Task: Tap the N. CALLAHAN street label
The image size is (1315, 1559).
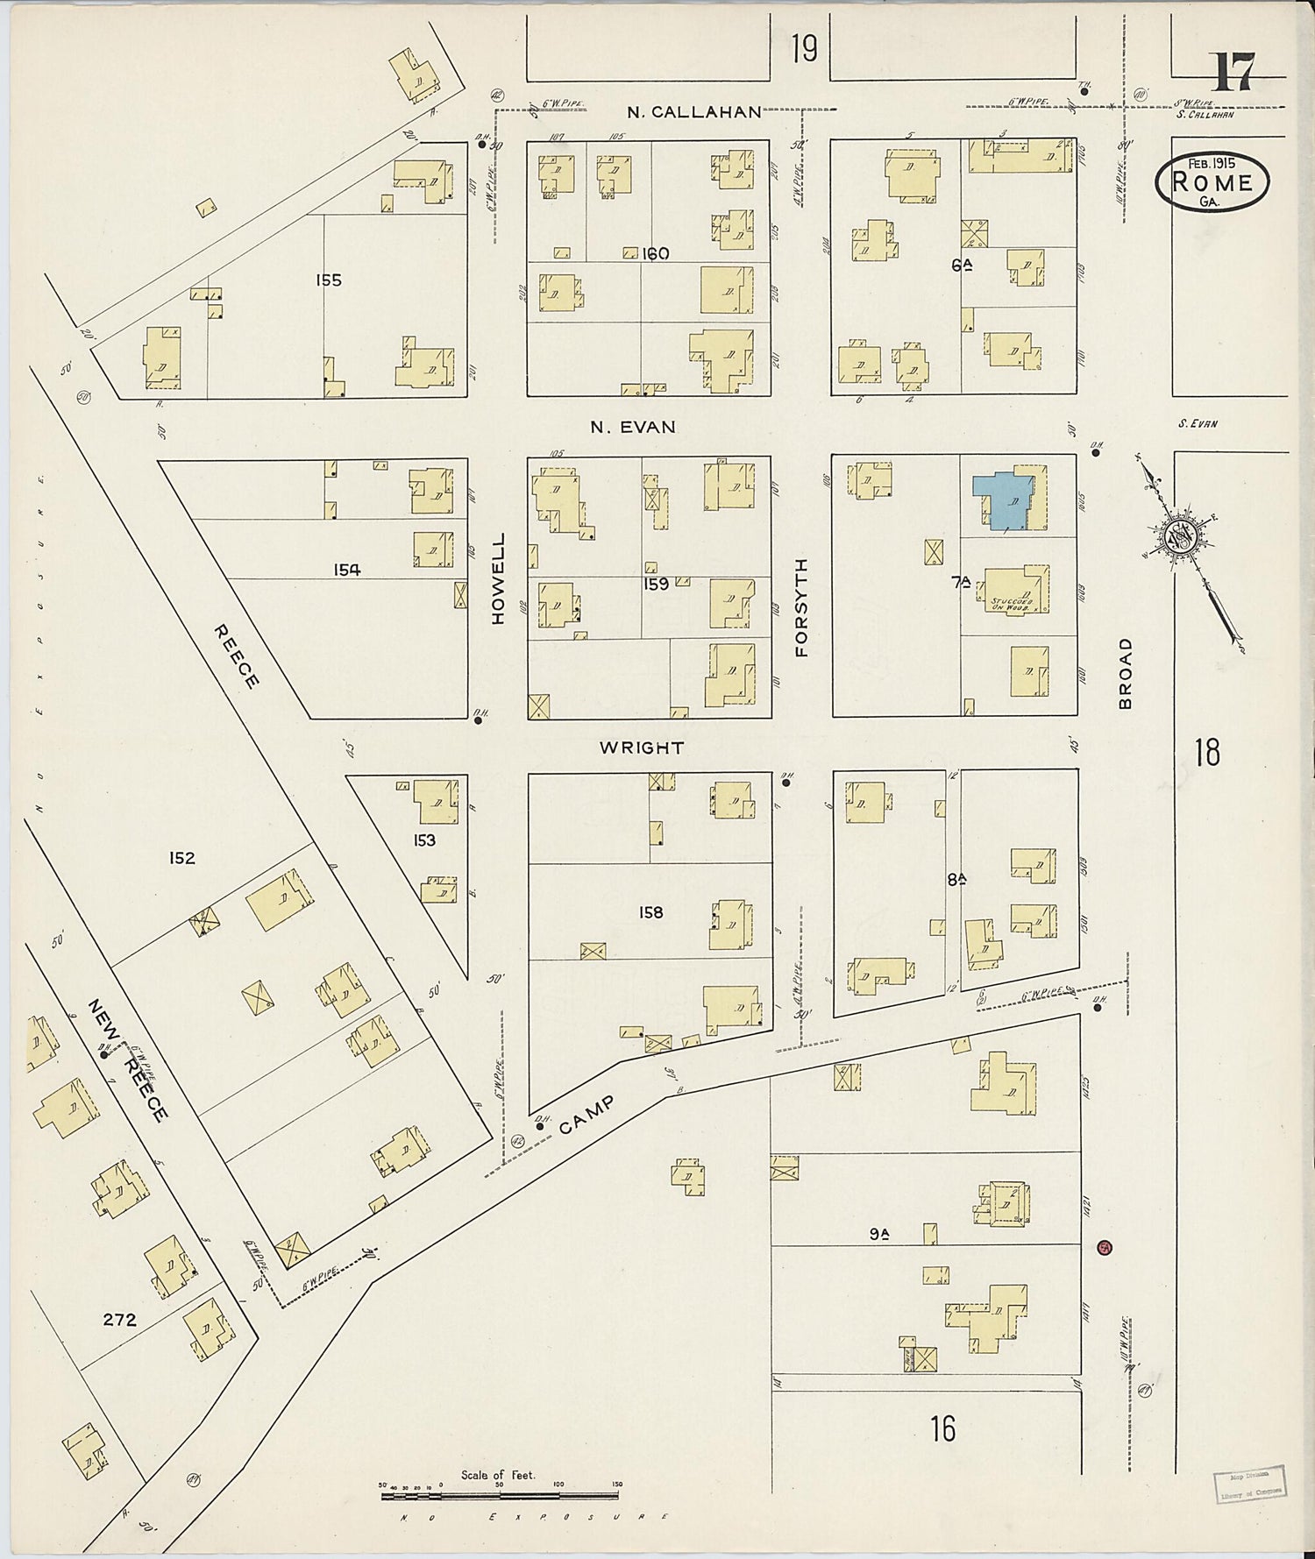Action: (694, 112)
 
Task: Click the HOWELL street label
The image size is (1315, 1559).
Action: (499, 578)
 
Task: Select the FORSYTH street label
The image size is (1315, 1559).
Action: (801, 607)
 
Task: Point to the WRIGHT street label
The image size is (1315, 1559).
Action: (642, 748)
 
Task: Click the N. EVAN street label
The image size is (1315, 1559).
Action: (633, 427)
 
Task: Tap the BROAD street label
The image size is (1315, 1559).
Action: (1126, 673)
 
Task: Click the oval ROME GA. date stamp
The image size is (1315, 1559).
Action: (1212, 182)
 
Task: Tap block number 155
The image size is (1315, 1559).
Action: (329, 280)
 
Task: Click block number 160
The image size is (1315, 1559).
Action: (655, 254)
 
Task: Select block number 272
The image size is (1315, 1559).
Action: (119, 1319)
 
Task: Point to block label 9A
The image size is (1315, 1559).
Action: (879, 1234)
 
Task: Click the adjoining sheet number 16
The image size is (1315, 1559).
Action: (943, 1428)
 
